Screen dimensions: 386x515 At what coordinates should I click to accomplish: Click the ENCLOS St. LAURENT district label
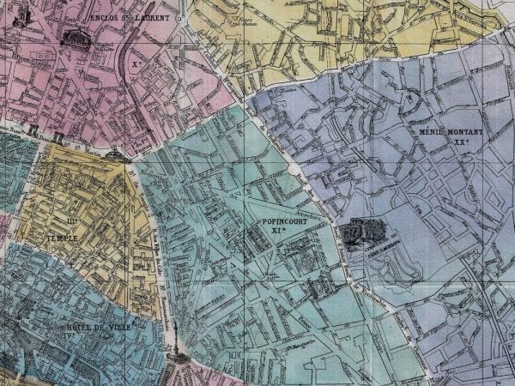coord(128,15)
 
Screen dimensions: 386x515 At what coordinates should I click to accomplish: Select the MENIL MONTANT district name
coord(451,133)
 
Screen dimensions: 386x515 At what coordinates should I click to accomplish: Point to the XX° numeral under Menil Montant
coord(452,143)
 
